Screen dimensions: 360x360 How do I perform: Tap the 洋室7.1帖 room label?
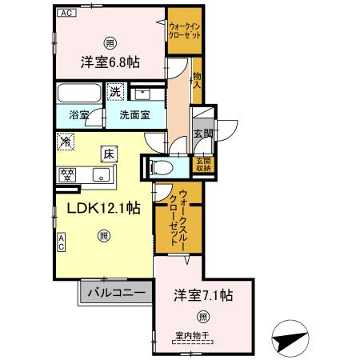203,295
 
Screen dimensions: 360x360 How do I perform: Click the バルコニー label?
116,293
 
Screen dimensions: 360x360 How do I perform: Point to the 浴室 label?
79,114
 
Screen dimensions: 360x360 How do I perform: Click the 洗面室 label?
134,114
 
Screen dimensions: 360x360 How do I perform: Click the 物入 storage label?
197,77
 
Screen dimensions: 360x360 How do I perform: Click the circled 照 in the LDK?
103,236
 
